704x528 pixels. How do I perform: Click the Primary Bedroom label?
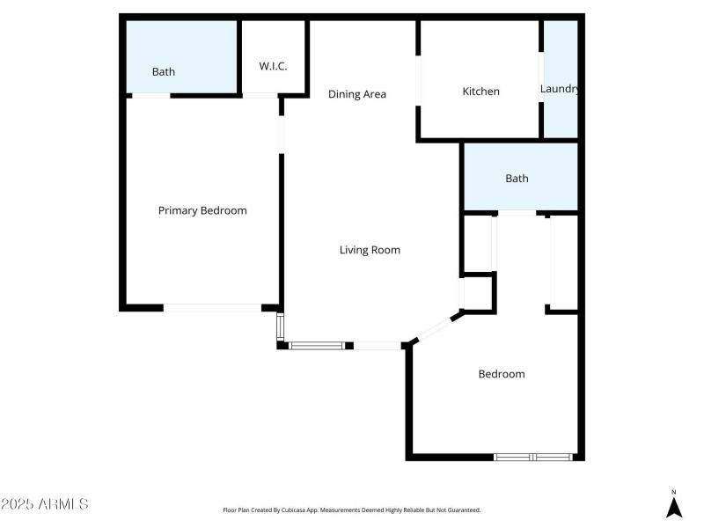pyautogui.click(x=202, y=210)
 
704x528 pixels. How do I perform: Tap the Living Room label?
pyautogui.click(x=370, y=250)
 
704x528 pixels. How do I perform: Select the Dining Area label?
pyautogui.click(x=357, y=94)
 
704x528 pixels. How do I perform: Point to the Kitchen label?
pyautogui.click(x=481, y=92)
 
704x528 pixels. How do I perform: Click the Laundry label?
pyautogui.click(x=559, y=89)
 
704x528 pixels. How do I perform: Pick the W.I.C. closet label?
pyautogui.click(x=273, y=67)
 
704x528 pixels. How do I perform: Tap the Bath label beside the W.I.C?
pyautogui.click(x=164, y=72)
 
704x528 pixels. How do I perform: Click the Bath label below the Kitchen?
pyautogui.click(x=517, y=179)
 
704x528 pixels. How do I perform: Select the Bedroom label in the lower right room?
pyautogui.click(x=502, y=374)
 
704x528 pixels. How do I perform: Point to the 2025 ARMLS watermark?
pyautogui.click(x=44, y=504)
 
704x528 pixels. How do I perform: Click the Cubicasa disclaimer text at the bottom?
pyautogui.click(x=352, y=510)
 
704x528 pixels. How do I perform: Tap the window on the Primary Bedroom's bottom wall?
pyautogui.click(x=212, y=307)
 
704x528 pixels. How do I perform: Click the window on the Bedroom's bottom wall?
pyautogui.click(x=533, y=457)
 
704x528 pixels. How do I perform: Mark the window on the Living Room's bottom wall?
pyautogui.click(x=317, y=346)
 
